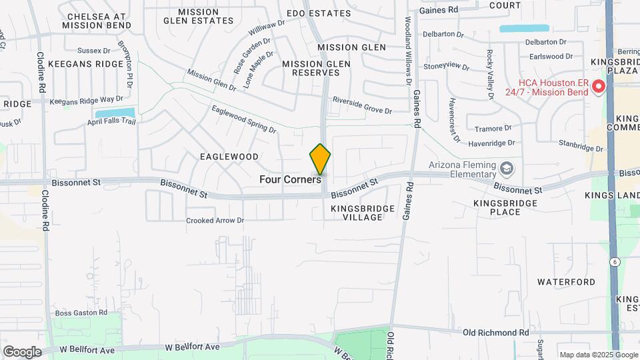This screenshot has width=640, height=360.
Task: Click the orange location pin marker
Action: coord(320,159)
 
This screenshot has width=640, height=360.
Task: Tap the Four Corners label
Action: coord(291,179)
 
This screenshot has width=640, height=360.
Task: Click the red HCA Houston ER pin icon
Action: coord(598,86)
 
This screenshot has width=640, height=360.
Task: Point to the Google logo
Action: coord(22,351)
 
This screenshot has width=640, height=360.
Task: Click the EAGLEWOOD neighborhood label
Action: coord(229,157)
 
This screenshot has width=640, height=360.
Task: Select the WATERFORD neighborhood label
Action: coord(566,282)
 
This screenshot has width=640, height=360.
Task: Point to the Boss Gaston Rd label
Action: coord(81,313)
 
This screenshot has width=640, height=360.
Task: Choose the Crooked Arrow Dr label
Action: coord(215,220)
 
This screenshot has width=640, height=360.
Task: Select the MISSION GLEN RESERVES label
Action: coord(316,68)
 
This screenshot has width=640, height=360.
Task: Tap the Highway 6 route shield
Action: coord(613,262)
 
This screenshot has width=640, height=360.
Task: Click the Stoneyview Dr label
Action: coord(442,65)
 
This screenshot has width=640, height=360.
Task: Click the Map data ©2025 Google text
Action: coord(598,355)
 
